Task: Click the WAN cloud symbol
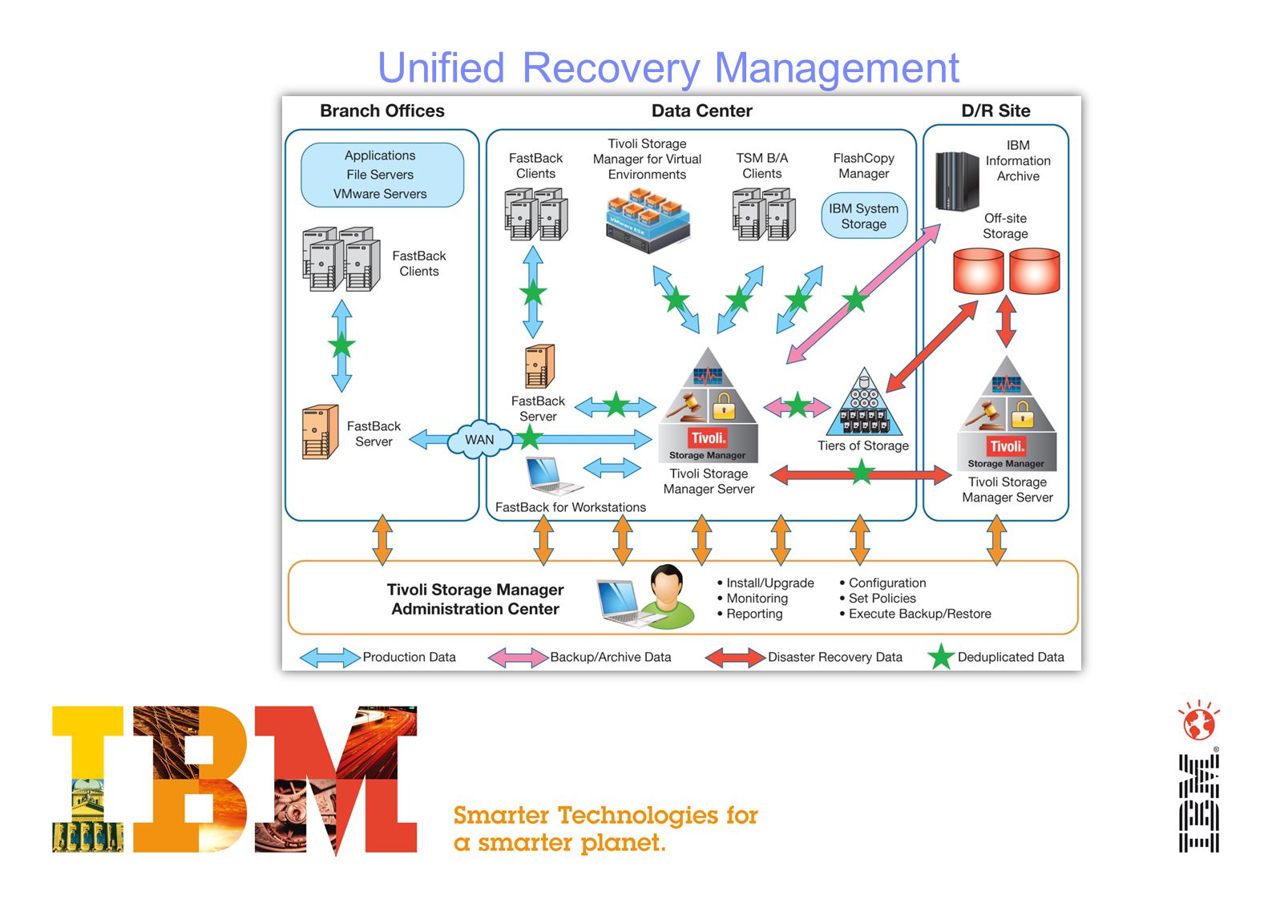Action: click(480, 439)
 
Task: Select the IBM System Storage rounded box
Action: click(864, 216)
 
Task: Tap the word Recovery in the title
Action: click(611, 69)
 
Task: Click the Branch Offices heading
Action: click(382, 111)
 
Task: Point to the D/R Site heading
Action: click(995, 111)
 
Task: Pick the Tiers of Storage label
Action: click(863, 445)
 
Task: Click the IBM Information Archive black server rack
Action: click(957, 181)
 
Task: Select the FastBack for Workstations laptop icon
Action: click(552, 476)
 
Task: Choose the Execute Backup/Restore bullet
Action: click(915, 614)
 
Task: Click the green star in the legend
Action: click(941, 657)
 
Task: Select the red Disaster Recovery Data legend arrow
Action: click(735, 658)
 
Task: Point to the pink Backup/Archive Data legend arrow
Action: click(519, 658)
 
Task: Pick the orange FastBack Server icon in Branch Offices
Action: click(321, 432)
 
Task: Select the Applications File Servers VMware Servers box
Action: click(382, 175)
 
